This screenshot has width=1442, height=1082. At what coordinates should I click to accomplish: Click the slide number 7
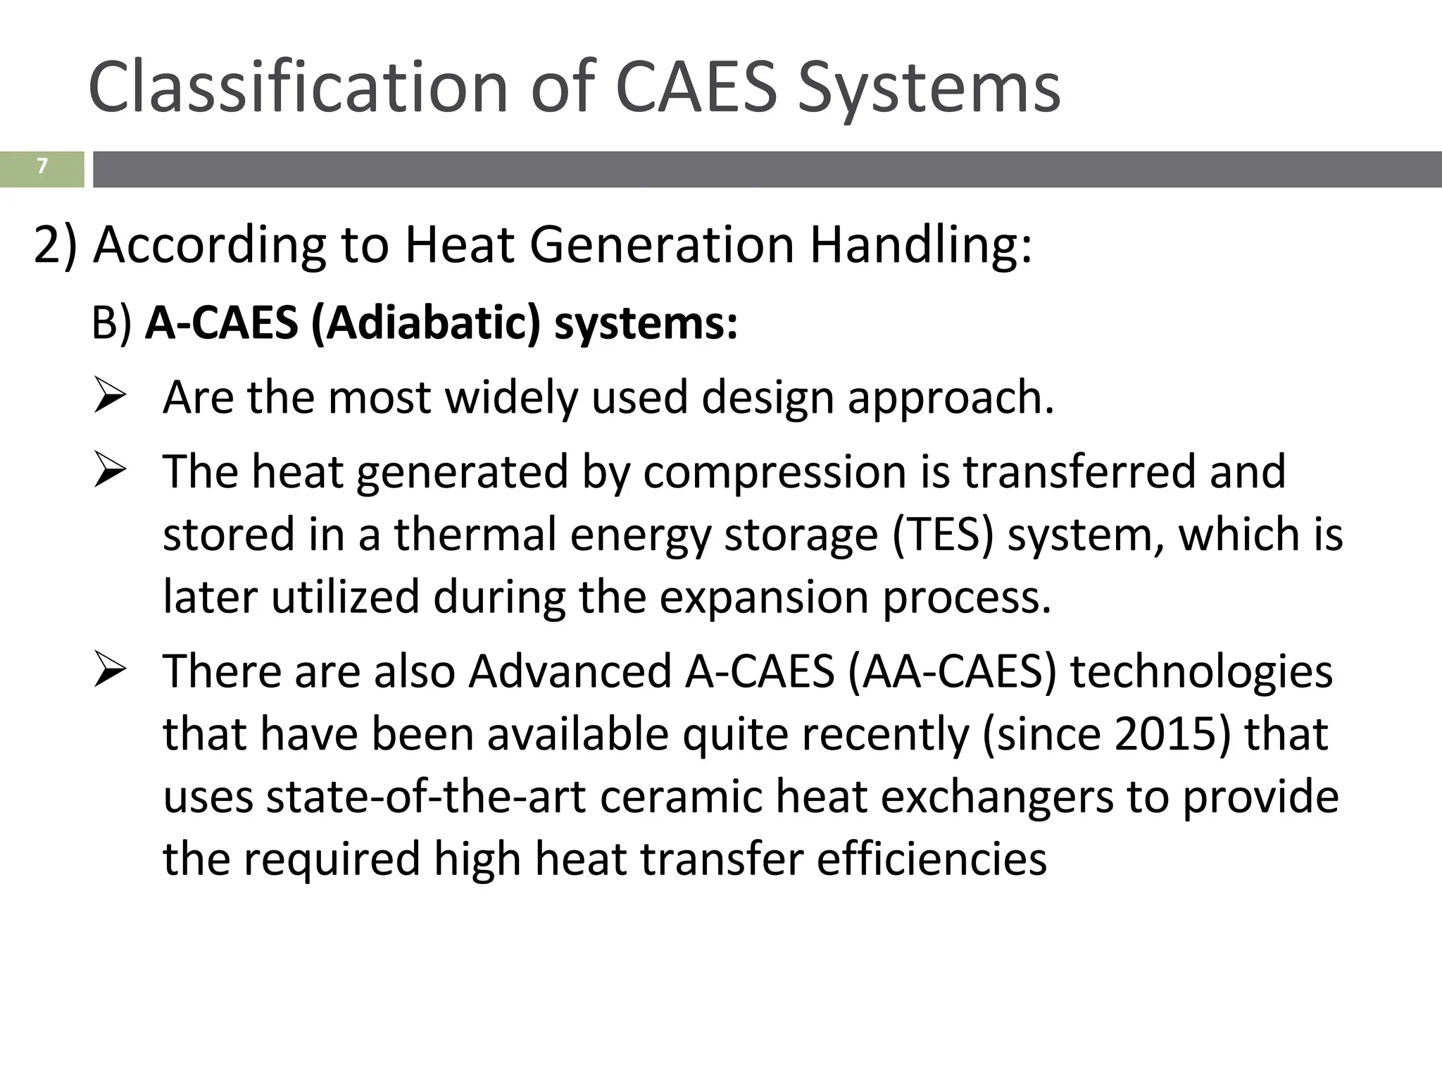pos(42,166)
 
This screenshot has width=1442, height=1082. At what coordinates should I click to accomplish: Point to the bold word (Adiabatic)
pos(425,323)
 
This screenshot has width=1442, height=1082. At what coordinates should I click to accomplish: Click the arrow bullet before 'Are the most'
pos(110,397)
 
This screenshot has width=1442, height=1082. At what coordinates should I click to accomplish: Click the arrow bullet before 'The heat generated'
pos(110,471)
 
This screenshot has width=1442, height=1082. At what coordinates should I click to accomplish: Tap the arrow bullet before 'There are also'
pos(110,671)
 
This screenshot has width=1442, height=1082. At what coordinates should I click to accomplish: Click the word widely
pos(511,397)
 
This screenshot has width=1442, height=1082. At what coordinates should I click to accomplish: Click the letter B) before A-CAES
pos(111,323)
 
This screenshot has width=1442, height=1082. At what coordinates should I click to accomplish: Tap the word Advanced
pos(570,671)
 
